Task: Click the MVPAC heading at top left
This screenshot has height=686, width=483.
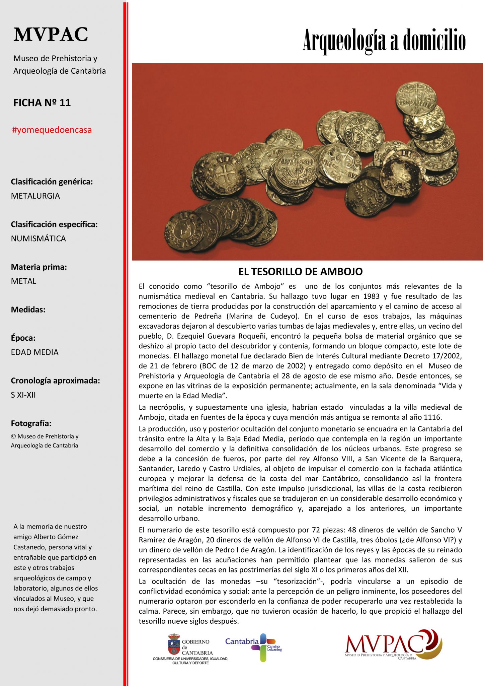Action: (x=51, y=34)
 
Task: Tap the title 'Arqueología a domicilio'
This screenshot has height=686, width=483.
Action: (x=384, y=41)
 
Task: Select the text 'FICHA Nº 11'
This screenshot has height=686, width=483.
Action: (x=42, y=102)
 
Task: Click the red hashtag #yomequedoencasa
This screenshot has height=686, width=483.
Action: (x=52, y=130)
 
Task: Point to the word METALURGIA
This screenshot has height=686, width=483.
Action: (x=35, y=196)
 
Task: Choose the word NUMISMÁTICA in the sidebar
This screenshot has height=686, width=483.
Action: (x=38, y=238)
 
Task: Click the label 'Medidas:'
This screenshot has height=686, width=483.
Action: (x=28, y=310)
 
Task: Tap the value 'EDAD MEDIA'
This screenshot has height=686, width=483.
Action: (x=35, y=352)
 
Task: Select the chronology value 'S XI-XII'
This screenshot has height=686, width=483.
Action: (x=23, y=395)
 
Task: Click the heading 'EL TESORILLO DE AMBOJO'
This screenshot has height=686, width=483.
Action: (x=300, y=272)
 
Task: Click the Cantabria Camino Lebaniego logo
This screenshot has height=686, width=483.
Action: (x=254, y=647)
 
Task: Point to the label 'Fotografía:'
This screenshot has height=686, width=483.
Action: (x=31, y=423)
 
